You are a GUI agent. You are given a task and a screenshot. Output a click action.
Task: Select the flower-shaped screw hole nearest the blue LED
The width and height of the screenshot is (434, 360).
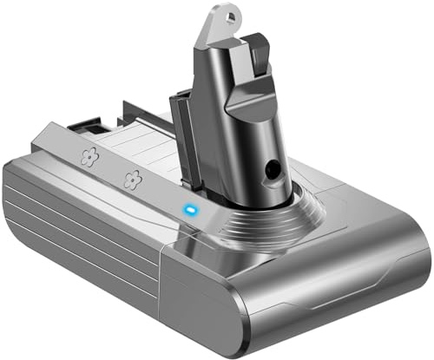coord(132,180)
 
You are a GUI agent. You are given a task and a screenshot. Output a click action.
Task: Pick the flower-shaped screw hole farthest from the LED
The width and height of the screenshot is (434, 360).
coord(88,157)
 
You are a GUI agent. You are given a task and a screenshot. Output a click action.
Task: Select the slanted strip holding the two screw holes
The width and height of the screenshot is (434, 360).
coord(108,169)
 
